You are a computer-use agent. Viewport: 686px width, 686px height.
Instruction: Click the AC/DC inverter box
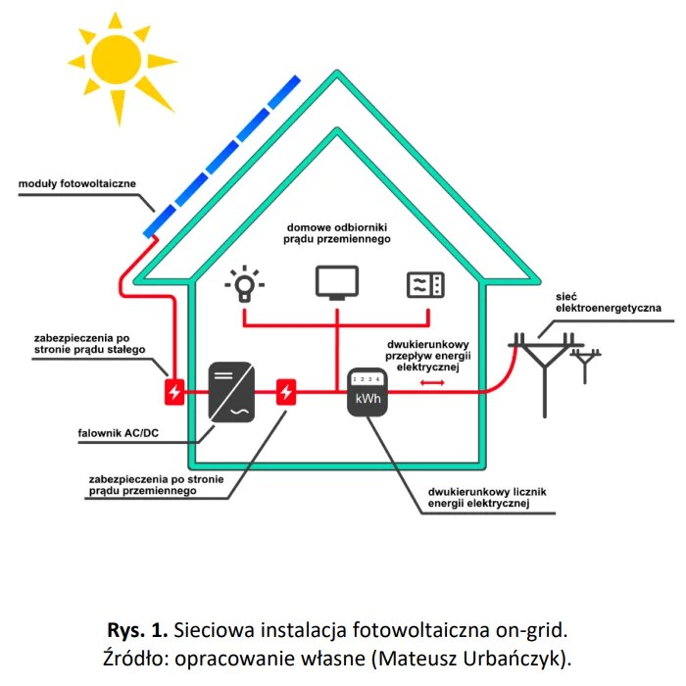[x=231, y=393]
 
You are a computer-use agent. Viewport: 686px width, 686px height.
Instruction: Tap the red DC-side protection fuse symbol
[x=174, y=393]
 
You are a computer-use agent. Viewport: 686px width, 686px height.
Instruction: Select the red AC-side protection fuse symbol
[x=286, y=393]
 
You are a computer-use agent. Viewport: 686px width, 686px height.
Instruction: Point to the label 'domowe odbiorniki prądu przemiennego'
[x=339, y=231]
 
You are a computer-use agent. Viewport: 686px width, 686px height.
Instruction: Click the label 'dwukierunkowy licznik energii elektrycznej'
[x=478, y=497]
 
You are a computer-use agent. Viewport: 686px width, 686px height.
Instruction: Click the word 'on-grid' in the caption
[x=532, y=625]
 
